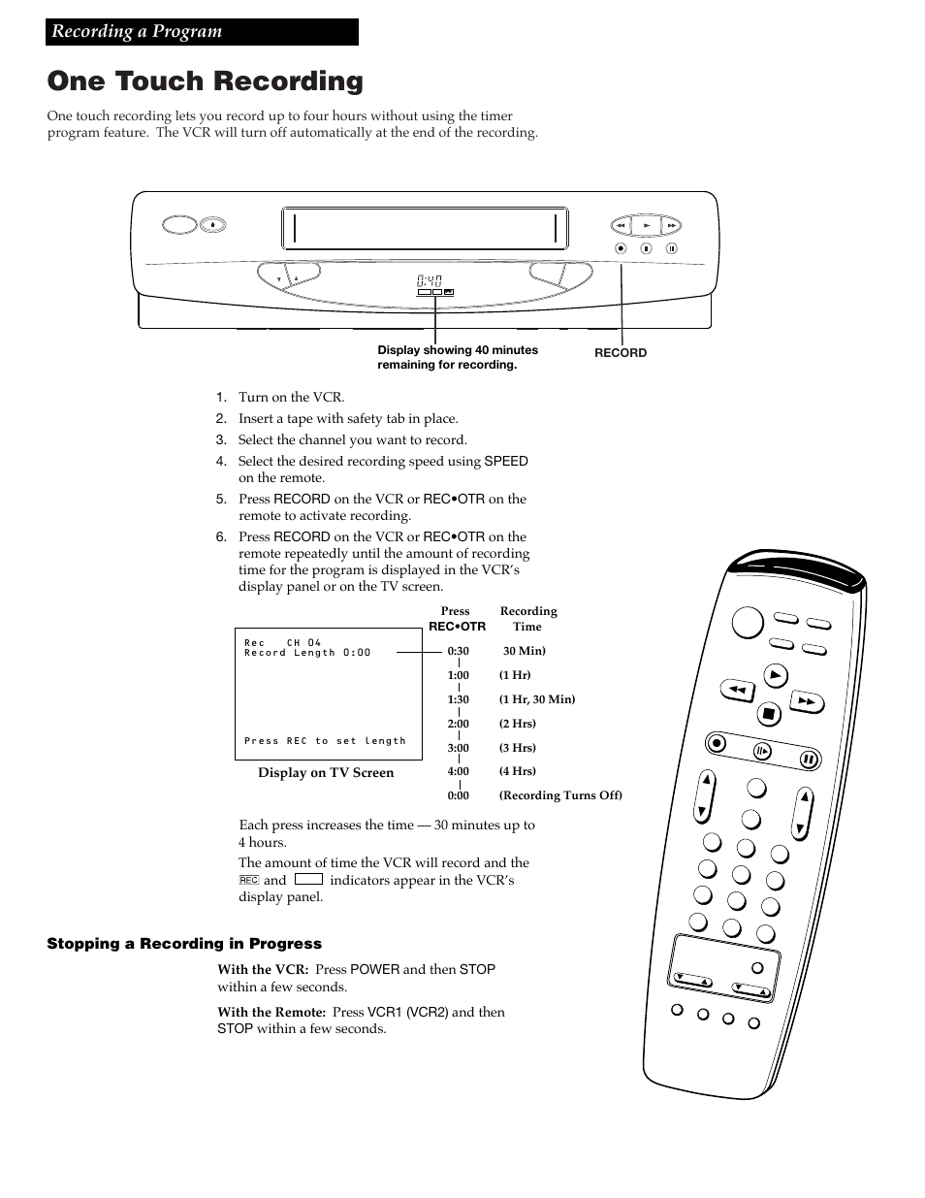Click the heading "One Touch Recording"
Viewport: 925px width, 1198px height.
205,81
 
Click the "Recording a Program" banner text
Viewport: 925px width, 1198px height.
137,31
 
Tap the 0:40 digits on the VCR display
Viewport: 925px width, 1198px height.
430,280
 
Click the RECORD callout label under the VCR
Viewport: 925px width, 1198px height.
620,353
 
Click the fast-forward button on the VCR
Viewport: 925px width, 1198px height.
671,226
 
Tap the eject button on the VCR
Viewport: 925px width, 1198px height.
212,225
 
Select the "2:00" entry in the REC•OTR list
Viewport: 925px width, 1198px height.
458,724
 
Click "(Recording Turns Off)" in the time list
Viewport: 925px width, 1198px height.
560,795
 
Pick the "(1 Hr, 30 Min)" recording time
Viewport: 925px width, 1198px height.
536,699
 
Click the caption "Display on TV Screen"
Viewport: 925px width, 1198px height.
326,773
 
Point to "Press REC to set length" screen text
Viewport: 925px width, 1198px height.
325,741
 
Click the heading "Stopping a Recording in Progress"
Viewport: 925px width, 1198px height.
184,944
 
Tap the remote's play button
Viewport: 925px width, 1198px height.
774,675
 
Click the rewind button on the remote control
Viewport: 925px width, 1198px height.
737,691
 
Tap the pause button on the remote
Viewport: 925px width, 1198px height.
808,759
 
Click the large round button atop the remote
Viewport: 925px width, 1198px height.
748,622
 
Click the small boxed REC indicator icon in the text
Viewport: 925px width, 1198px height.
248,880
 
